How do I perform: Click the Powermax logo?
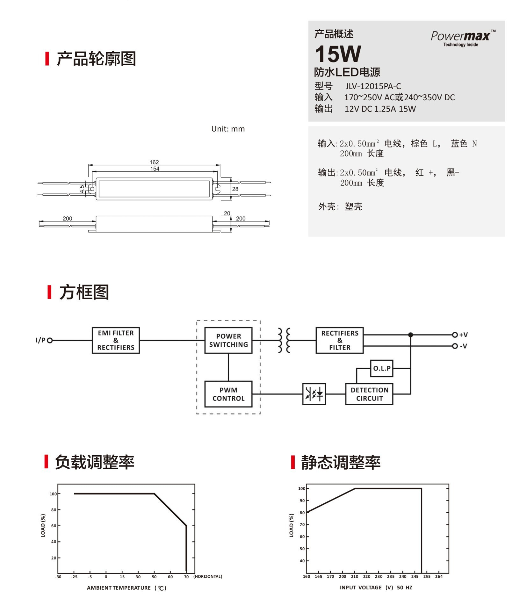tap(462, 38)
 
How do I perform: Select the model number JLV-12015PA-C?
tap(373, 86)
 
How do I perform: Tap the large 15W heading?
tap(338, 54)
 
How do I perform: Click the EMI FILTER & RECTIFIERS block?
tap(116, 340)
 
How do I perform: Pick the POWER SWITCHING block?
tap(228, 340)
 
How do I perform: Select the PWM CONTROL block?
tap(228, 394)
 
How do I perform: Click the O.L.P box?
tap(381, 368)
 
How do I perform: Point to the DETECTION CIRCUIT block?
tap(369, 394)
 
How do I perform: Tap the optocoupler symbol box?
tap(314, 394)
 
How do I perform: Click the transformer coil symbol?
tap(284, 340)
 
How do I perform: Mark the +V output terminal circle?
tap(455, 335)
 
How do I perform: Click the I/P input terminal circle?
tap(50, 340)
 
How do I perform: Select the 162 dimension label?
tap(154, 162)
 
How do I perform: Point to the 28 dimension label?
tap(235, 189)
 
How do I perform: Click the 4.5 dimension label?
tap(82, 189)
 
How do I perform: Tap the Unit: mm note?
tap(228, 129)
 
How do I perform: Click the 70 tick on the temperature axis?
tap(186, 577)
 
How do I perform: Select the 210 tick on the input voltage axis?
tap(355, 576)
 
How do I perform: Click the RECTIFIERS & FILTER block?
tap(340, 340)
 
